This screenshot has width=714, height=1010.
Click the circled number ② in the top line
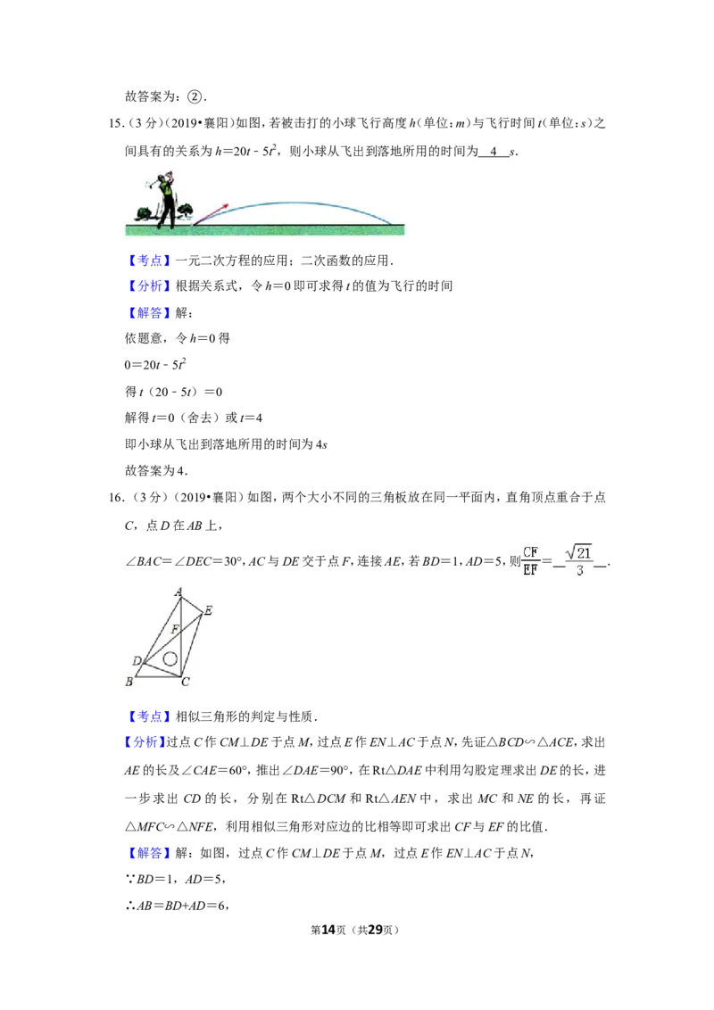[x=194, y=97]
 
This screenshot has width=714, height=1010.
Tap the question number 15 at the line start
[x=115, y=124]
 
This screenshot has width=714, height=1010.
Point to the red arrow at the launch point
[x=211, y=214]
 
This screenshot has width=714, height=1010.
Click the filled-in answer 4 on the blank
[x=494, y=152]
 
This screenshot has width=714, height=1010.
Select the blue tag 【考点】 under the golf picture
[x=149, y=261]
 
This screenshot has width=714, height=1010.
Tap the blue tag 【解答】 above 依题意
[x=149, y=313]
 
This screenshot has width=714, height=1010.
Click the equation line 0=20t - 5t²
[x=155, y=365]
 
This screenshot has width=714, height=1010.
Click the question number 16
[x=115, y=498]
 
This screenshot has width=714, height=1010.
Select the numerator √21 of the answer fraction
[x=578, y=552]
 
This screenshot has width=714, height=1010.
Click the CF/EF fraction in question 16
[x=530, y=561]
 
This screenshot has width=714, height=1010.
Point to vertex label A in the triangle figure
[x=178, y=592]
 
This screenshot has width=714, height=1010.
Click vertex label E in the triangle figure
[x=207, y=610]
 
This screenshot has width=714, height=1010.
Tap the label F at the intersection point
[x=175, y=629]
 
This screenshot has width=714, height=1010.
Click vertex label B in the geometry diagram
[x=129, y=682]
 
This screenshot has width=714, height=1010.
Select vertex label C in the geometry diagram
[x=186, y=683]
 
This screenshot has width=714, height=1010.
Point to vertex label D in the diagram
[x=137, y=661]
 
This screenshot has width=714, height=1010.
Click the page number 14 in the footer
[x=328, y=930]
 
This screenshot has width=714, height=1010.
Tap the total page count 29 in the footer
[x=375, y=930]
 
